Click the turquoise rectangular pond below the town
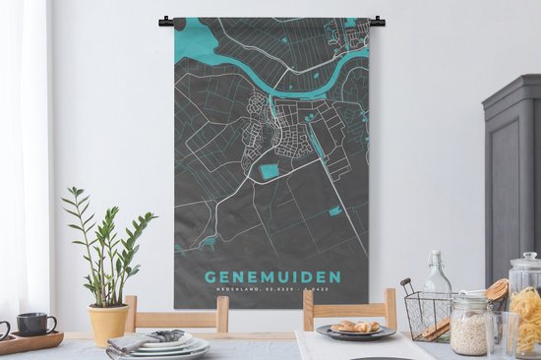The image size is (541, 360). pos(269,172)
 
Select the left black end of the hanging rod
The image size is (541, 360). pos(164,20)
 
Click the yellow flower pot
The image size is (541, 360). pos(108,323)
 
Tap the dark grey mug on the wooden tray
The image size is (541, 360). pos(34,324)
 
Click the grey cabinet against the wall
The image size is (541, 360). pos(512,177)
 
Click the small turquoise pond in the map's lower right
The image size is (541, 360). pos(335,210)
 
